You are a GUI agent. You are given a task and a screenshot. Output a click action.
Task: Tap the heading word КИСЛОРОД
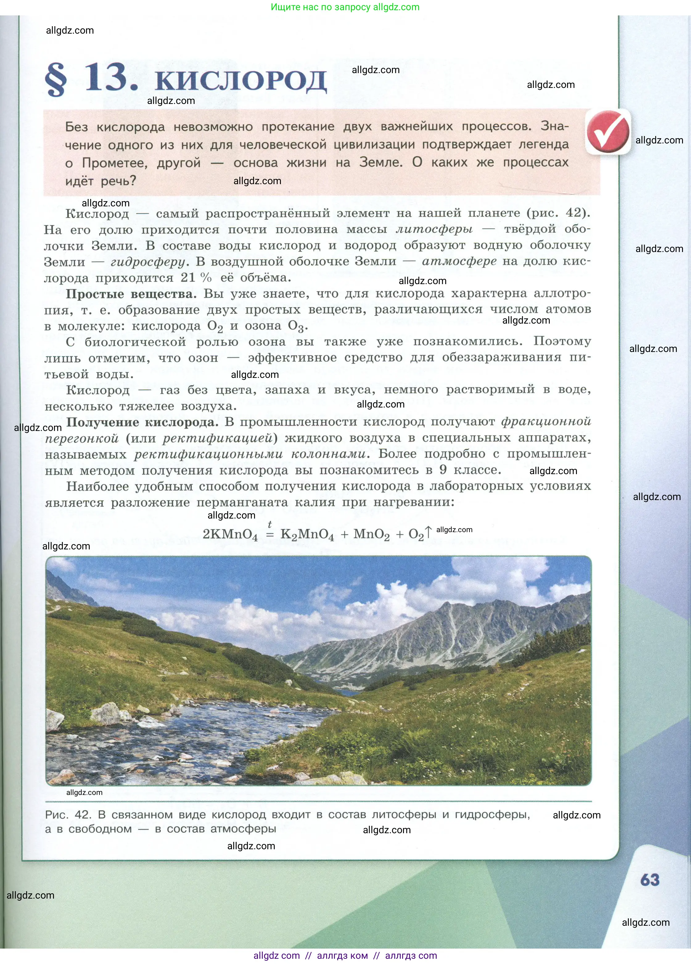point(241,81)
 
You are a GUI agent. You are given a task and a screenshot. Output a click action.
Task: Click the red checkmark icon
point(608,131)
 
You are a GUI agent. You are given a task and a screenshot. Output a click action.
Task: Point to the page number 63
point(650,879)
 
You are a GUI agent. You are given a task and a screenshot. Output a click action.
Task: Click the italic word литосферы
point(434,230)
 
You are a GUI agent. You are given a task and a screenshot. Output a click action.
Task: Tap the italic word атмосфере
point(459,261)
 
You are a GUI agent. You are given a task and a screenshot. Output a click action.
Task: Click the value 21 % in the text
point(196,278)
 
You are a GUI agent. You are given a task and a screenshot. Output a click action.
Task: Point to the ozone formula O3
point(297,326)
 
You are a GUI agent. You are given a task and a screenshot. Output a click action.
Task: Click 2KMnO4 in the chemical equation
point(230,534)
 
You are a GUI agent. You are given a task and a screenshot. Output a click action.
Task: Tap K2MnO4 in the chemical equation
point(307,534)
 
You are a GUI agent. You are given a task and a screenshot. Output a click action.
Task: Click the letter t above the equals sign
point(269,524)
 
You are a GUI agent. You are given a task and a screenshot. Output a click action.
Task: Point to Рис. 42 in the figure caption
point(68,815)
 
